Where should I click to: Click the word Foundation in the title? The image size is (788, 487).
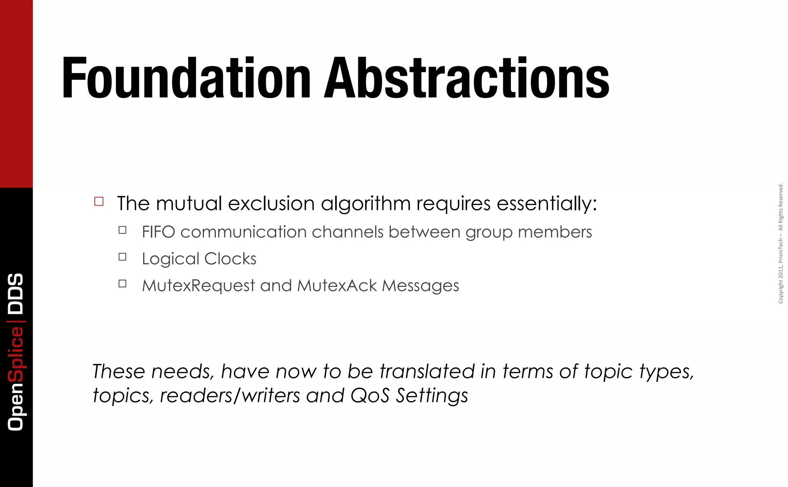tap(186, 78)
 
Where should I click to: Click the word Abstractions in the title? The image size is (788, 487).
tap(466, 78)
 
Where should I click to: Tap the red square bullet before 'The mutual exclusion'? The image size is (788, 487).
tap(99, 202)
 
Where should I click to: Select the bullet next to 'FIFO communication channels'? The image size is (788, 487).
tap(123, 230)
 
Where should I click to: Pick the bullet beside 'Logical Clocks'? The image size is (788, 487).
tap(123, 257)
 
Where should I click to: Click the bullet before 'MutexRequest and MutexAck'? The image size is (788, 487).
tap(123, 284)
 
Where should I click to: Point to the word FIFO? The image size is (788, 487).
tap(159, 232)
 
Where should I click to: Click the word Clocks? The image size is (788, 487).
tap(230, 259)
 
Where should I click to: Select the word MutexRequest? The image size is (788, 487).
tap(198, 286)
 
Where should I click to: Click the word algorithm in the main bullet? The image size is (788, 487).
tap(366, 203)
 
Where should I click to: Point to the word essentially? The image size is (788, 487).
tap(547, 203)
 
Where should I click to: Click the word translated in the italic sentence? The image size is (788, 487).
tap(427, 372)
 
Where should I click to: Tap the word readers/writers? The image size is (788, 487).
tap(230, 395)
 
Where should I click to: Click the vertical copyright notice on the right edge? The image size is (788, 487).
tap(780, 243)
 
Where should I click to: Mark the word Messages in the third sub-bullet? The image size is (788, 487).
tap(420, 286)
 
